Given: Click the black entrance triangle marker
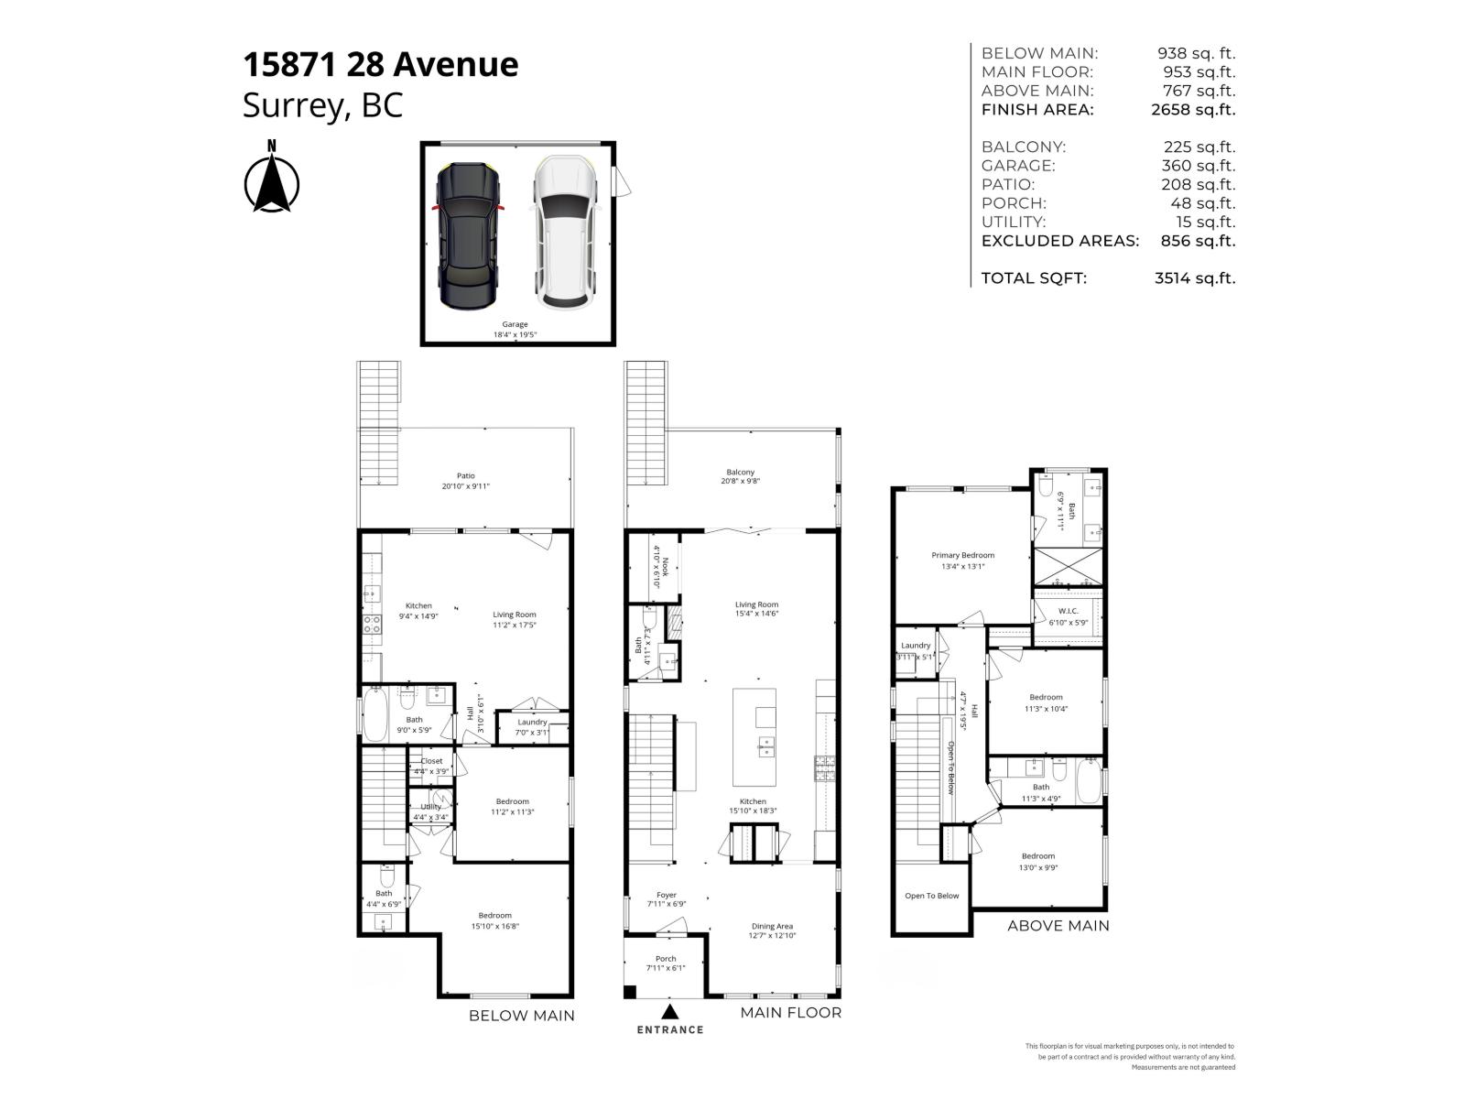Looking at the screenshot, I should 670,1011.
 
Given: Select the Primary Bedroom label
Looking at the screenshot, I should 962,555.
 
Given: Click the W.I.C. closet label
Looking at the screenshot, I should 1068,611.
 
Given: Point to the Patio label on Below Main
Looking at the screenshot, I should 466,475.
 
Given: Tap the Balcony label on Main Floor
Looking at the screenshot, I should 740,472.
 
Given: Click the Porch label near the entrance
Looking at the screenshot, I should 666,959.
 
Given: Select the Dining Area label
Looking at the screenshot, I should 772,926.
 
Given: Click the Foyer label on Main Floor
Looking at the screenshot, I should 667,895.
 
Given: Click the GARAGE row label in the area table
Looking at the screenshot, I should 1018,166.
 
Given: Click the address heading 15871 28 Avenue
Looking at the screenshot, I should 380,64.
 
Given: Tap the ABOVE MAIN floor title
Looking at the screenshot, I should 1058,926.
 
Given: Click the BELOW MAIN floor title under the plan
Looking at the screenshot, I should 522,1015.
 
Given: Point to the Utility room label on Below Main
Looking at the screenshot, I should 430,807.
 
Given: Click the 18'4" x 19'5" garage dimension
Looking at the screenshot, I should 515,335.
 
